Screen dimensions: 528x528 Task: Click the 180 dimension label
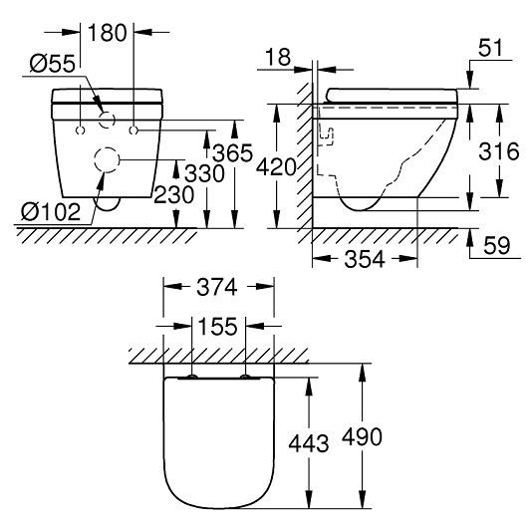coord(107,33)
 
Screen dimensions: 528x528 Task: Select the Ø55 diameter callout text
coord(52,64)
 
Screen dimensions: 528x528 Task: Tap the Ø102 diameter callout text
coord(51,212)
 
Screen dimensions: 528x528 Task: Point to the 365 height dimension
coord(233,152)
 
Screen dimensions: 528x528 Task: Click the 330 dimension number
coord(204,173)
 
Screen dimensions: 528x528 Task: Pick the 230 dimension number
coord(173,195)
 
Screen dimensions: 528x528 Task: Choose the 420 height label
coord(276,167)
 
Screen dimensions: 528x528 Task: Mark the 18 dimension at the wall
coord(278,57)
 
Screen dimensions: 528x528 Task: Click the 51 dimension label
coord(490,48)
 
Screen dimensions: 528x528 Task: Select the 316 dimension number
coord(499,151)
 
